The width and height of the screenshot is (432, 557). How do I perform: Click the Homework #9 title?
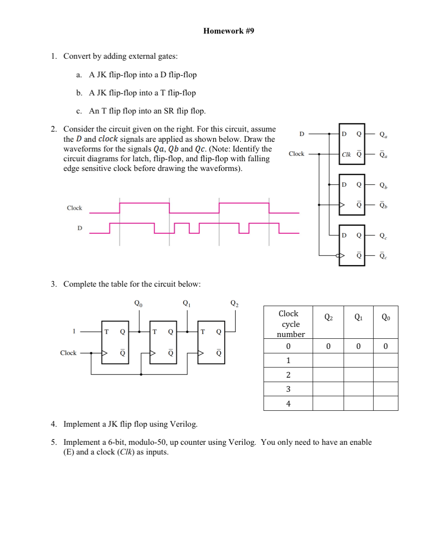[228, 31]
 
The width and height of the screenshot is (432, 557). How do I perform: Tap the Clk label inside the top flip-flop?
[346, 155]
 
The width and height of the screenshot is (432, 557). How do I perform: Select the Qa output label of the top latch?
[383, 134]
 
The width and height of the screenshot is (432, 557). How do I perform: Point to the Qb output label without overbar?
[383, 185]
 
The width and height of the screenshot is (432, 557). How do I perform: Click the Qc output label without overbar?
[383, 236]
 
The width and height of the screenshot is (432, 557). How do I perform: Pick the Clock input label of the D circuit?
[296, 154]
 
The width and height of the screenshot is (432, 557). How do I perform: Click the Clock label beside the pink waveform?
[74, 208]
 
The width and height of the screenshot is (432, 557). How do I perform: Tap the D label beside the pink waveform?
[80, 228]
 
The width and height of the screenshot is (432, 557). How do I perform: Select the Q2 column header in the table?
[328, 317]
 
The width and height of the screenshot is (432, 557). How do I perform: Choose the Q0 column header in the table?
[385, 317]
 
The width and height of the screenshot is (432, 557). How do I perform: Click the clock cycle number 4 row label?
[288, 404]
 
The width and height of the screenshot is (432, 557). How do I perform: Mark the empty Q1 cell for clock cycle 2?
[358, 375]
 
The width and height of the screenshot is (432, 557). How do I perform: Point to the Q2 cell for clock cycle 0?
[328, 346]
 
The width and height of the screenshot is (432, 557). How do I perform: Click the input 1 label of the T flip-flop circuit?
[74, 331]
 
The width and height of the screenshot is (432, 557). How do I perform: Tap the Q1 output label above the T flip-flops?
[187, 303]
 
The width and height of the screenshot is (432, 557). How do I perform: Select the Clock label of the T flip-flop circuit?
[68, 353]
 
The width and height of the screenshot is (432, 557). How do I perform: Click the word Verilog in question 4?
[184, 424]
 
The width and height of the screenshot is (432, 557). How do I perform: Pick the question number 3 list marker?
[53, 284]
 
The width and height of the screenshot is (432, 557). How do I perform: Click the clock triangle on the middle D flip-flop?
[342, 205]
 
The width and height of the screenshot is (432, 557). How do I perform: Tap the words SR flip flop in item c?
[184, 111]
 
